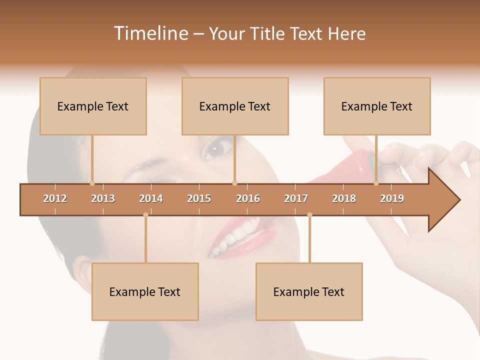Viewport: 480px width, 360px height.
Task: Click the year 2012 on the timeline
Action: (55, 198)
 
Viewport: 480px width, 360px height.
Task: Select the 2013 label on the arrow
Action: (103, 198)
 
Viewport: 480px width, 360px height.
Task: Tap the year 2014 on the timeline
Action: (151, 198)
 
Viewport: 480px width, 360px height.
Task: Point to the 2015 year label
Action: (199, 198)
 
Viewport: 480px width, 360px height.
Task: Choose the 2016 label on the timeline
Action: (248, 198)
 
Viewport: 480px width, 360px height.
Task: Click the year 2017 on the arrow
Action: (296, 198)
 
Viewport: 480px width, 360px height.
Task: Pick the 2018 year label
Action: (344, 198)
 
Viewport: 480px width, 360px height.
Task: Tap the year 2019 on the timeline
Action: (392, 198)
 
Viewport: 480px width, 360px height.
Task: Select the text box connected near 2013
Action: (93, 106)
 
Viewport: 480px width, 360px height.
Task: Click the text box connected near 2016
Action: (235, 106)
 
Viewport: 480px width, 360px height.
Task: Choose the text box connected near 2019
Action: (377, 106)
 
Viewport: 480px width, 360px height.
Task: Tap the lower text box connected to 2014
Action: (145, 291)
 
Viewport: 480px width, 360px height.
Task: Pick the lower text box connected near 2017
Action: (309, 291)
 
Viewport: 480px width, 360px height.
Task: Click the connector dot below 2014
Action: (145, 215)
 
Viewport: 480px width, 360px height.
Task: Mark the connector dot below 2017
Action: (309, 215)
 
